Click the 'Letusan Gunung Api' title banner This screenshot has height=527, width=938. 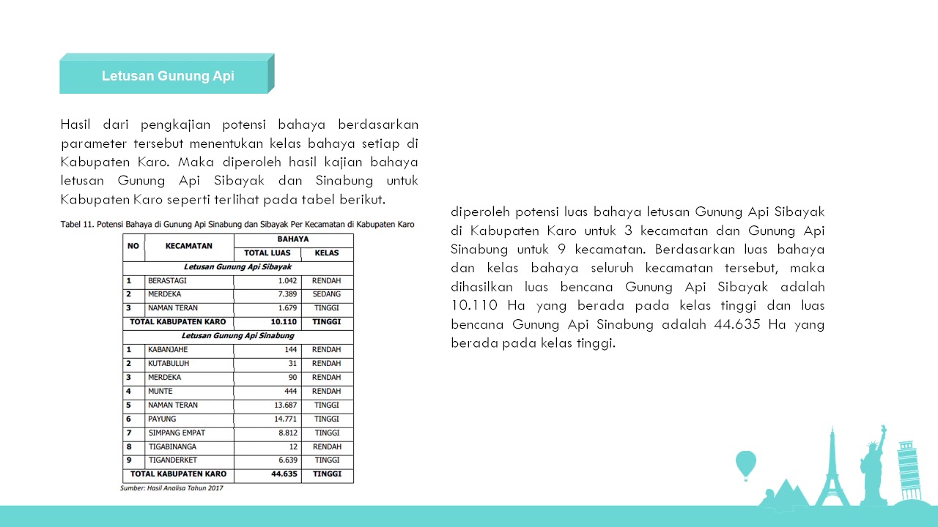pos(167,76)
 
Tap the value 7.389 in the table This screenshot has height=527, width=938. pos(287,294)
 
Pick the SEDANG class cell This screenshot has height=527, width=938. pos(327,294)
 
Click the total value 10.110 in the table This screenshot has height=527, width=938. pos(284,322)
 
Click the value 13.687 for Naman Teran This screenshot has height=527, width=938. pos(284,405)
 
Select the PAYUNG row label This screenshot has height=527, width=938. pos(162,419)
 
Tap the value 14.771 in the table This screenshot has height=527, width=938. pos(284,419)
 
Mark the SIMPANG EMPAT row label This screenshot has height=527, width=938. pos(177,433)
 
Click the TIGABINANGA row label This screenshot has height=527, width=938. pos(172,446)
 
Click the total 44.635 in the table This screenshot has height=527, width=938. pos(284,474)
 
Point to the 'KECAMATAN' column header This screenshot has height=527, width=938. pos(189,247)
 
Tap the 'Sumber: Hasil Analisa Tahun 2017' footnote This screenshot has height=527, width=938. pos(171,488)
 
